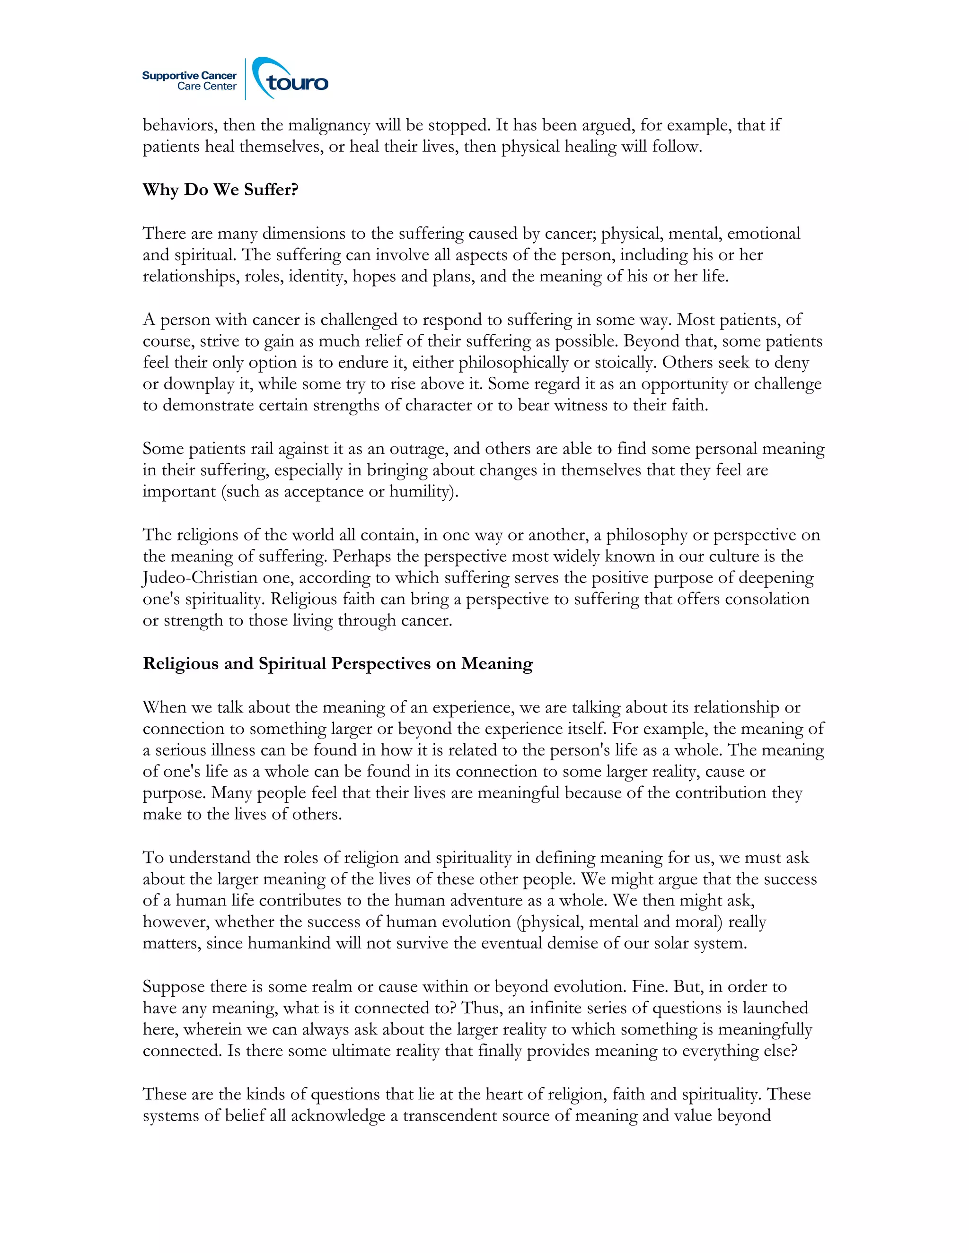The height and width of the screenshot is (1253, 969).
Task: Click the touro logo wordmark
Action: tap(297, 83)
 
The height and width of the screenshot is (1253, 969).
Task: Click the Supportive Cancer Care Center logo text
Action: tap(189, 81)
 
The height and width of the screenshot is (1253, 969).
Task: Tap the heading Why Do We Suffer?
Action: tap(220, 190)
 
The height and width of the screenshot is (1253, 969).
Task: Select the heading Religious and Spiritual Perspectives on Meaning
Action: tap(337, 664)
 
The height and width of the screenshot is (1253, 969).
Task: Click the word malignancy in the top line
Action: tap(329, 125)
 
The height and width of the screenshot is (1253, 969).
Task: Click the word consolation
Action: tap(767, 599)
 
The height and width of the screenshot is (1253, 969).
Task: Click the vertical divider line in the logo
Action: tap(246, 79)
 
